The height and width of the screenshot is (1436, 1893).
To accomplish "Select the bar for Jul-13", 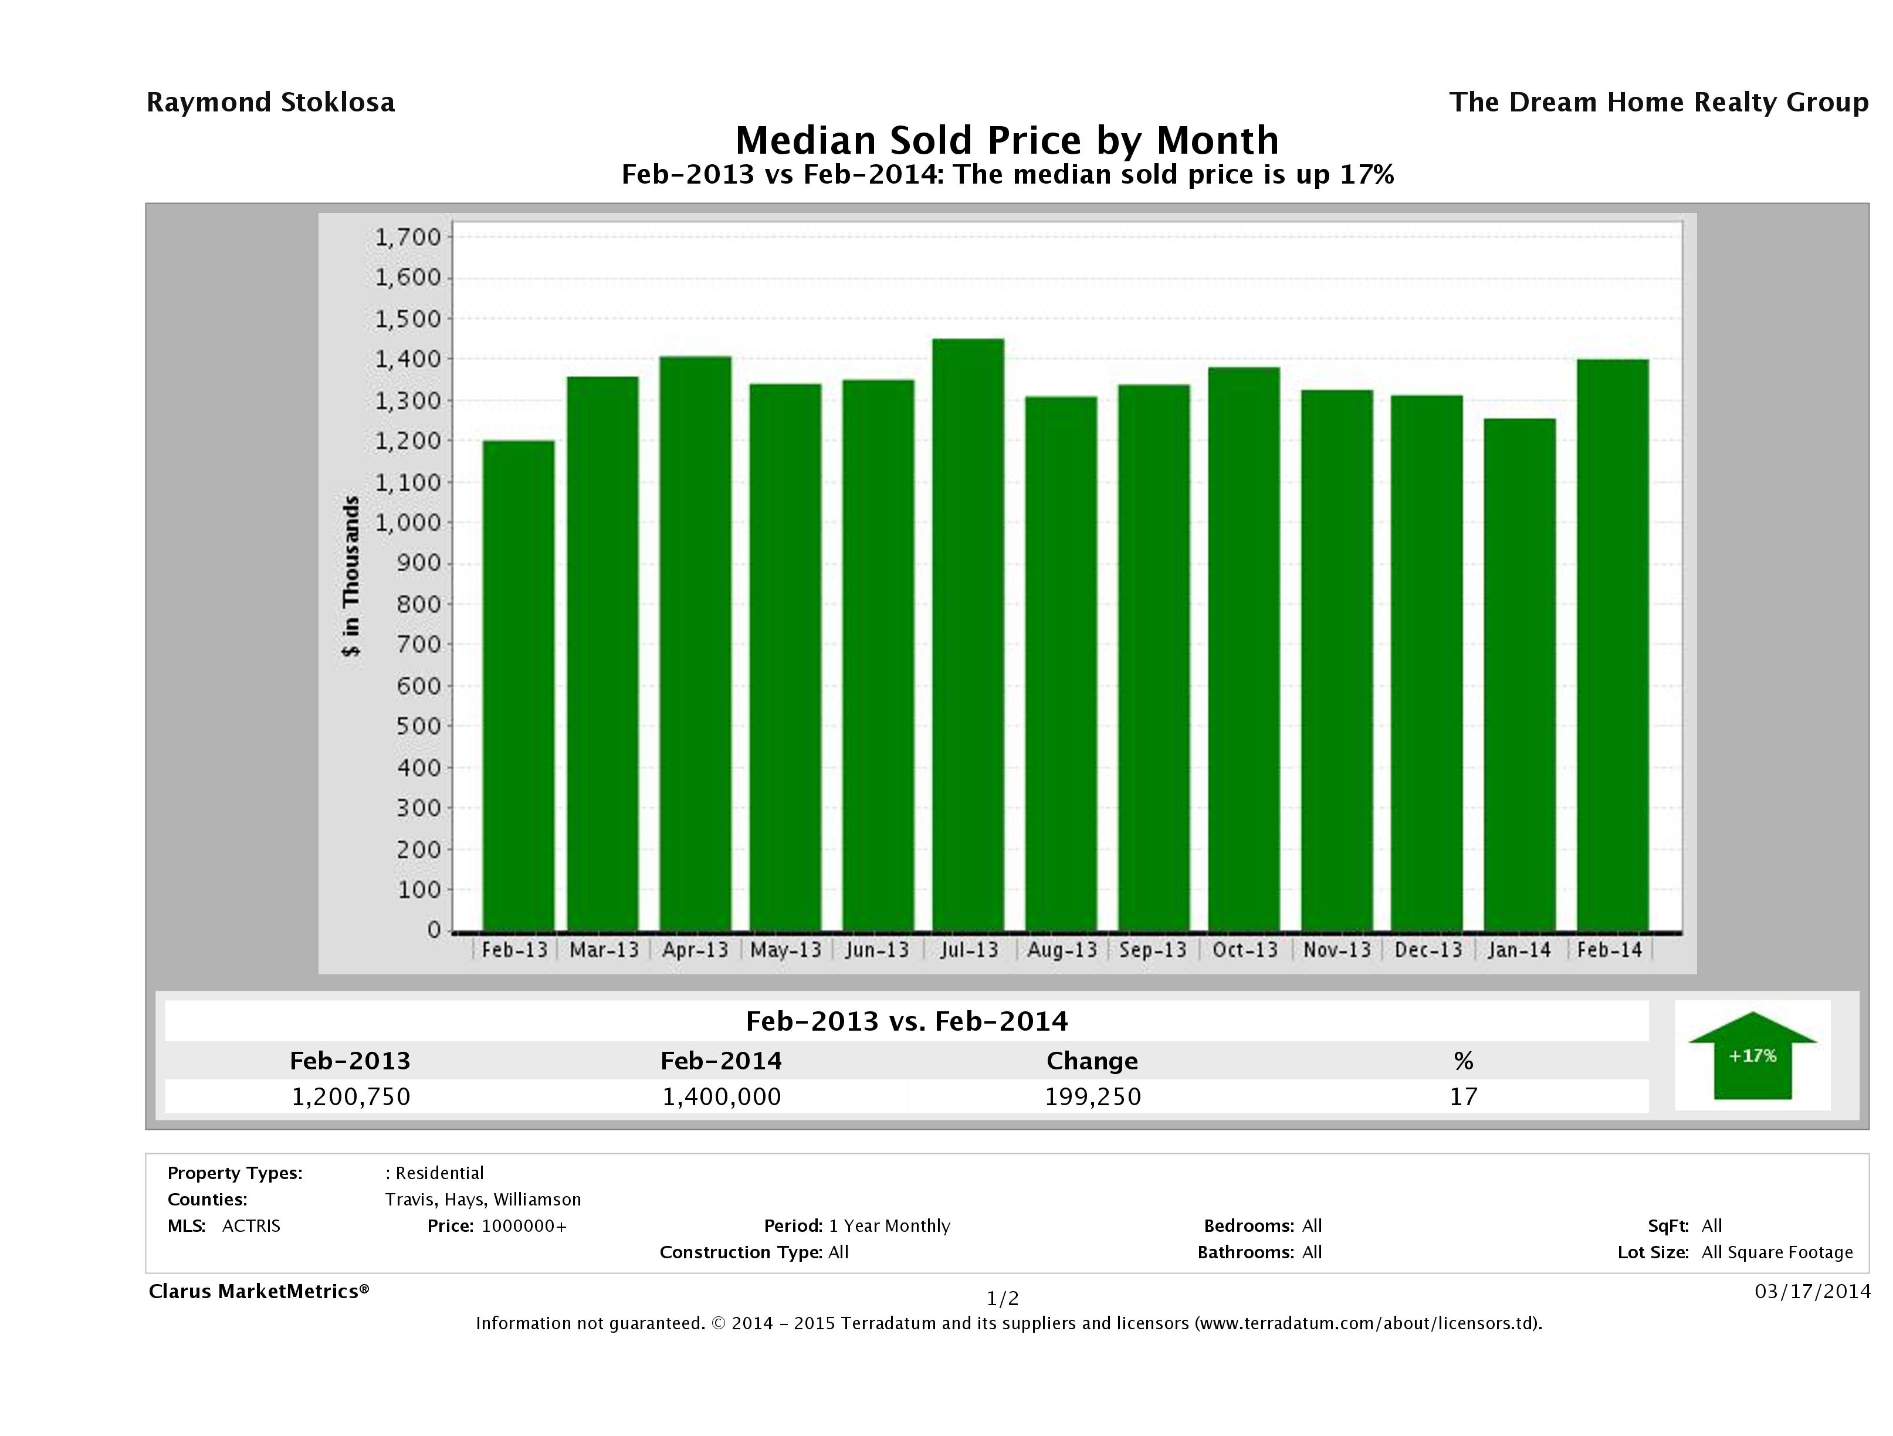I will click(968, 635).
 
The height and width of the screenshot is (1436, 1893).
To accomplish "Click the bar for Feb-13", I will click(518, 686).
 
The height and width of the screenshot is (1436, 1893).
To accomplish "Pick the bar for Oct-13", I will click(1244, 649).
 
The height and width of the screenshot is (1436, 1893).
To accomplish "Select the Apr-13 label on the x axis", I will click(695, 950).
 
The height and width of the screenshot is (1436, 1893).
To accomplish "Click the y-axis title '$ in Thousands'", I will click(351, 576).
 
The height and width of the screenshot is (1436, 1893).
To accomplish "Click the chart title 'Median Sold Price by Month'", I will click(1007, 140).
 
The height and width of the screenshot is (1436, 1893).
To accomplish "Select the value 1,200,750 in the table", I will click(351, 1096).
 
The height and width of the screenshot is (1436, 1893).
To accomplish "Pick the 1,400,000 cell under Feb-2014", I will click(722, 1096).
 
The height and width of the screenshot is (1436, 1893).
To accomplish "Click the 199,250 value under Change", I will click(1093, 1096).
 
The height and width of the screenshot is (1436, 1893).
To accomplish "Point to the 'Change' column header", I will click(1092, 1061).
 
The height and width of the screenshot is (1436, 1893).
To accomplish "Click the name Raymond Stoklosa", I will click(270, 103).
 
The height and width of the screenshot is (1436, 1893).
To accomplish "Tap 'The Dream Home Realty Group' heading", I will click(1658, 103).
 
